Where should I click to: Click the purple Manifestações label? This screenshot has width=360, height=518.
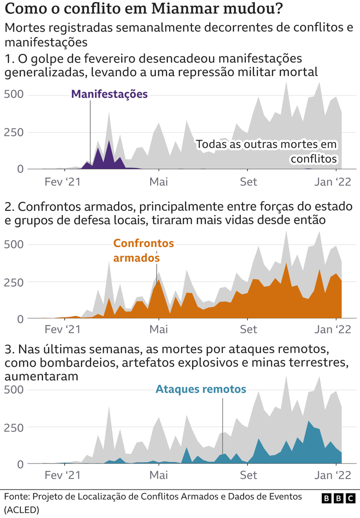point(109,94)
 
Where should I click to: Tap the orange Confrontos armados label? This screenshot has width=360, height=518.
point(143,250)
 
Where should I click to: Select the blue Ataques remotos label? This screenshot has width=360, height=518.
point(201,389)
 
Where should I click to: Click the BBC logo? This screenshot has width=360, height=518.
point(339,498)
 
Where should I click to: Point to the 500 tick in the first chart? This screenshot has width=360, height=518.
point(13,95)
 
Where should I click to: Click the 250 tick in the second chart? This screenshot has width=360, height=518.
point(13,282)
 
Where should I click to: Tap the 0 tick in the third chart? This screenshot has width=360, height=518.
point(20,464)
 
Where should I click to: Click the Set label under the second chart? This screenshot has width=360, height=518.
point(248,330)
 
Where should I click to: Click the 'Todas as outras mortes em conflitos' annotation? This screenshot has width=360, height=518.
point(267,152)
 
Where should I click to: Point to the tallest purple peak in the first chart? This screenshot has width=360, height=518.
point(109,141)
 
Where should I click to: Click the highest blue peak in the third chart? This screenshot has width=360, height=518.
point(308,422)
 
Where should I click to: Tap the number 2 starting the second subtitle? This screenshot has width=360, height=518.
point(8,206)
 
